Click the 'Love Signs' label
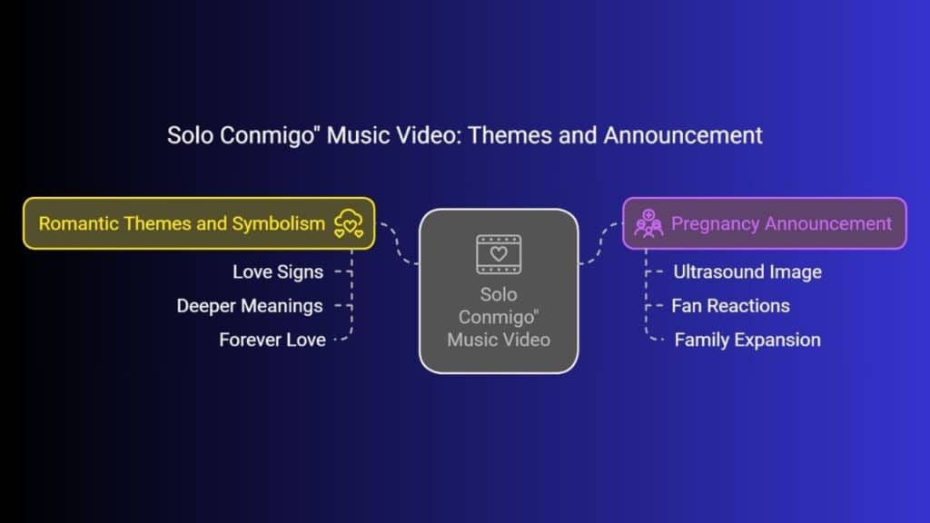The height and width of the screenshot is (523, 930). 278,272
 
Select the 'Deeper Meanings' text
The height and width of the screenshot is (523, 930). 250,306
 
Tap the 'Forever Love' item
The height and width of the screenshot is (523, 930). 272,340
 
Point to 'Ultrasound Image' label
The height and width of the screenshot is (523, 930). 747,272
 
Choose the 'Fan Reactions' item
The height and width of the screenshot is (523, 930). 731,306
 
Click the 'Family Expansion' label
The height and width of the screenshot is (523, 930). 747,340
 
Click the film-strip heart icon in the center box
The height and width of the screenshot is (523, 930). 499,254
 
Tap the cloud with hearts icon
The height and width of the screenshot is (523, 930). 349,223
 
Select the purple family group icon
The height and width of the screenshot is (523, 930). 648,223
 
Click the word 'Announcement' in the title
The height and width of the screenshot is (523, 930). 683,135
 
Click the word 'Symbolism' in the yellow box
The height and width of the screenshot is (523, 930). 278,223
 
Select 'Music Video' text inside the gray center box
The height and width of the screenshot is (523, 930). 499,340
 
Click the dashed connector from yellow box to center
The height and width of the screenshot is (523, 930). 399,243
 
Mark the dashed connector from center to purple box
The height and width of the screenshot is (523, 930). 599,243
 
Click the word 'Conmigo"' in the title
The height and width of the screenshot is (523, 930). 270,136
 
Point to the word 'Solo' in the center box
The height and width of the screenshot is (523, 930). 499,295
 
